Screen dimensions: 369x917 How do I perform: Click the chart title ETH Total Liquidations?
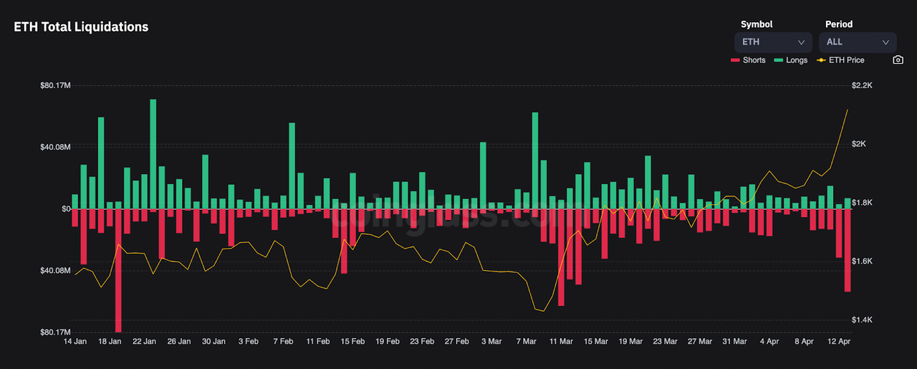point(81,27)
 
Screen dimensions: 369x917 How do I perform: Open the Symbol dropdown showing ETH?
point(772,42)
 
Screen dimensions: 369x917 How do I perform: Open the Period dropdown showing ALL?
point(858,42)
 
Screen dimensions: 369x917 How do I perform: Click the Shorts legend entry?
point(748,60)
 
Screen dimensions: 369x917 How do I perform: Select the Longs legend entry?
point(791,60)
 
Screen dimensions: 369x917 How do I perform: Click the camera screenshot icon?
point(898,60)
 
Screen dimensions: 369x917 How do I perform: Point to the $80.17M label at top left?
point(55,85)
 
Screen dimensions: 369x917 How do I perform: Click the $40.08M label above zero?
point(55,147)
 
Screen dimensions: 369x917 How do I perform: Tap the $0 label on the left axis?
point(65,209)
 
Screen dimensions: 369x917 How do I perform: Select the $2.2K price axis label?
point(862,85)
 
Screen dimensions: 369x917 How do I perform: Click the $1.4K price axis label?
point(862,320)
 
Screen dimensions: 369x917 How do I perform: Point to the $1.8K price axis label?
point(862,203)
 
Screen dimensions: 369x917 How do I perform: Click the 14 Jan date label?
point(75,342)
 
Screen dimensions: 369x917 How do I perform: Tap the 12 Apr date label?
point(839,342)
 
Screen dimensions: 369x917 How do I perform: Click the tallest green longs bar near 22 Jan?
point(153,154)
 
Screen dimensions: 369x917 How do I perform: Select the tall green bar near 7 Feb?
point(292,166)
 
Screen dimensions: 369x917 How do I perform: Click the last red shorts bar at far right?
point(848,250)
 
